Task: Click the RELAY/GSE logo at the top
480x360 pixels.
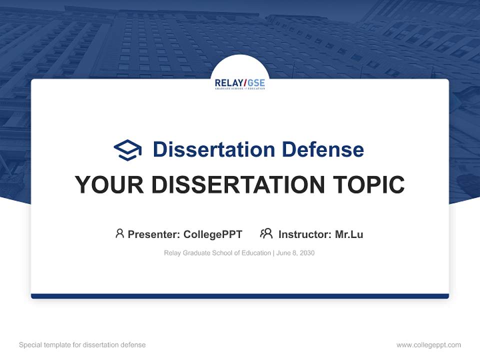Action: [240, 84]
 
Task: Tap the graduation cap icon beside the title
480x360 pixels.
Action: [127, 150]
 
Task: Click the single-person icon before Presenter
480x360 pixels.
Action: [119, 233]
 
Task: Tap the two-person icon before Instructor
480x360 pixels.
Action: [266, 233]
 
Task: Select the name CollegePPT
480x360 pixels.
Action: [212, 234]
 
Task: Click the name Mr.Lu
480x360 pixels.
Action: [349, 234]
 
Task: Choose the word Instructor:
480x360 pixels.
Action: [304, 234]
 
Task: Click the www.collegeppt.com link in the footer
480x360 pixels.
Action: [428, 345]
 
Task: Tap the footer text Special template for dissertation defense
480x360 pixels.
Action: [82, 345]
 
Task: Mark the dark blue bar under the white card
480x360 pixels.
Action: [240, 296]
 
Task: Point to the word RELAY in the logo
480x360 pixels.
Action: [228, 82]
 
